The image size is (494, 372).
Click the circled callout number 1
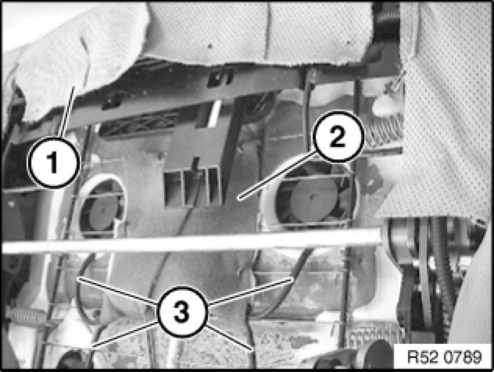(54, 162)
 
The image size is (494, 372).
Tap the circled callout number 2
(338, 137)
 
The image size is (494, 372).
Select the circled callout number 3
(182, 312)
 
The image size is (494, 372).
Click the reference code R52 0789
(444, 357)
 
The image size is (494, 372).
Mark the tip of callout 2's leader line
(239, 199)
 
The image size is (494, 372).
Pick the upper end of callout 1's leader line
(75, 86)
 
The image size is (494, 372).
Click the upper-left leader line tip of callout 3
(77, 278)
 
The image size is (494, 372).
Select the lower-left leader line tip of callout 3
(93, 347)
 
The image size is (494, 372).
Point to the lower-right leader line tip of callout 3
(252, 349)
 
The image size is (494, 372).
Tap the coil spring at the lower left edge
(25, 316)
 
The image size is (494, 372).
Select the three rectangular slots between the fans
(191, 187)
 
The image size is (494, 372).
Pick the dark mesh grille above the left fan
(139, 124)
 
